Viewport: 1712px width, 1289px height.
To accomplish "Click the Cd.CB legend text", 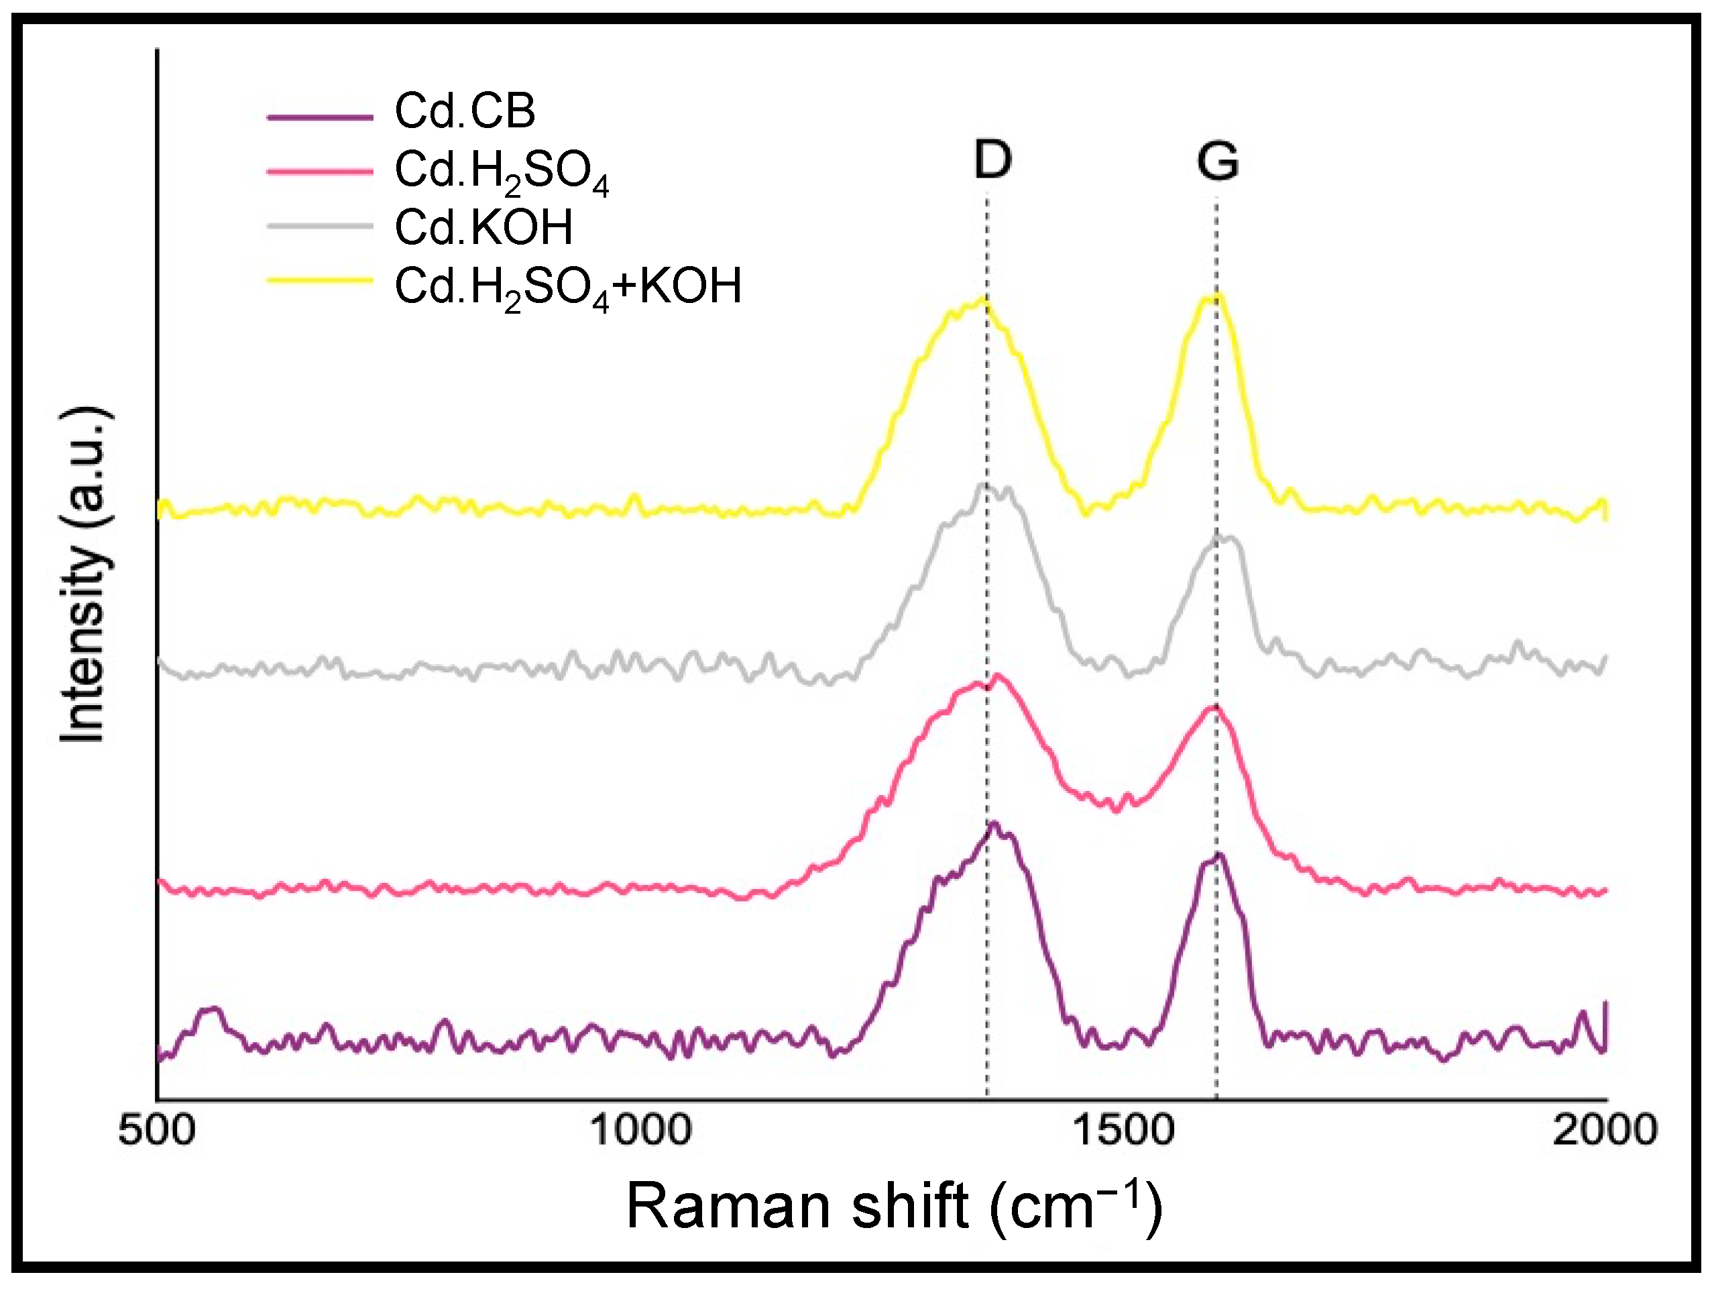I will coord(464,111).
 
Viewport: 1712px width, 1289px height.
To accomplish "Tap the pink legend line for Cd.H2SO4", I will coord(320,171).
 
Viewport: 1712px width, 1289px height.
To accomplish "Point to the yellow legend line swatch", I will coord(320,280).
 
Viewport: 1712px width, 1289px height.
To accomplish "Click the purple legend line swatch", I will coord(320,117).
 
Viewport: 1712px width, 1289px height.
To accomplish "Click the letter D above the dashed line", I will coord(992,160).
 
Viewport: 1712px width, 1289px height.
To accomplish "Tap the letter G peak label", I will coord(1217,162).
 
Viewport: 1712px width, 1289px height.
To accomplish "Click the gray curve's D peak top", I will coord(984,485).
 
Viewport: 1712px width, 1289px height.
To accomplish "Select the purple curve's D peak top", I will coord(993,824).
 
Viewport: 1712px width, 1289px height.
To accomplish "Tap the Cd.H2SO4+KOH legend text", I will coord(568,287).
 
